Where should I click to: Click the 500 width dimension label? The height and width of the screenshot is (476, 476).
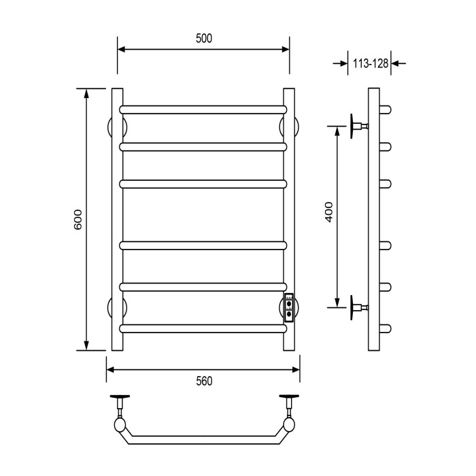tap(204, 39)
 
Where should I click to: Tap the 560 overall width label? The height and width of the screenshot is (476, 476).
tap(204, 381)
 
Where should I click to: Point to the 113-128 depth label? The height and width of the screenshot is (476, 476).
tap(370, 64)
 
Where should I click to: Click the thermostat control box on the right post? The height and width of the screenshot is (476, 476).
tap(289, 307)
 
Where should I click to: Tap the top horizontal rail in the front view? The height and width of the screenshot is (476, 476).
tap(203, 109)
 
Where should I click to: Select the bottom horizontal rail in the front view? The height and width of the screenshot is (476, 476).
tap(203, 328)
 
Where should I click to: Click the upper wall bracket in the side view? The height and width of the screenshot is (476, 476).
tap(358, 126)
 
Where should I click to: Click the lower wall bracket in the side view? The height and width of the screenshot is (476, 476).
tap(358, 307)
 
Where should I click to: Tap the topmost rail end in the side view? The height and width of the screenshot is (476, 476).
tap(386, 109)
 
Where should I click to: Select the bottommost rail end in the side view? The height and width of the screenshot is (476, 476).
tap(386, 328)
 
